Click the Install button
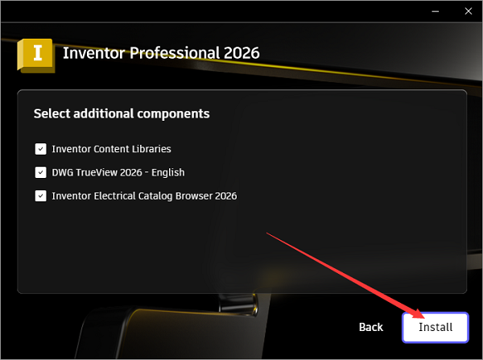[x=436, y=327]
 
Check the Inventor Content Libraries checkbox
[x=40, y=149]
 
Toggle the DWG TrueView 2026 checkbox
[x=40, y=172]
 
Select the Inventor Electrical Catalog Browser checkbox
[x=40, y=196]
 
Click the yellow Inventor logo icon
[x=36, y=55]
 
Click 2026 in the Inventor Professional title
[x=240, y=55]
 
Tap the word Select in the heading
[x=51, y=114]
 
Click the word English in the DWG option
[x=167, y=172]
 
